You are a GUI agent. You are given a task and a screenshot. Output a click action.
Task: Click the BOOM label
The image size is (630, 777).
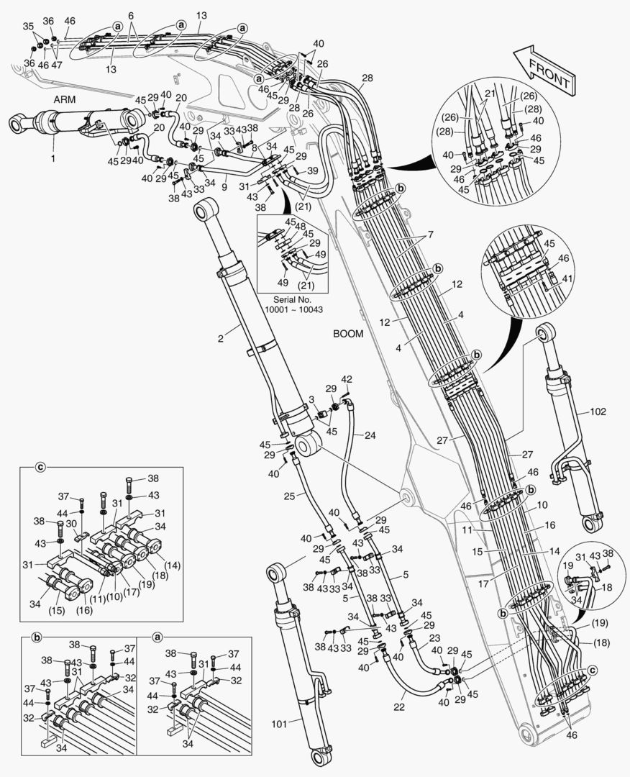coord(349,334)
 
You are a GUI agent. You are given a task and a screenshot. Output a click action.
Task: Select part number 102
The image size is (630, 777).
coord(598,412)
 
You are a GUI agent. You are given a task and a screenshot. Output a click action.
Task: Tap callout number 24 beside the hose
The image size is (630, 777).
coord(370,435)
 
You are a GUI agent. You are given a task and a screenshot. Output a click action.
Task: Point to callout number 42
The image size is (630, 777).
coord(347,379)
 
